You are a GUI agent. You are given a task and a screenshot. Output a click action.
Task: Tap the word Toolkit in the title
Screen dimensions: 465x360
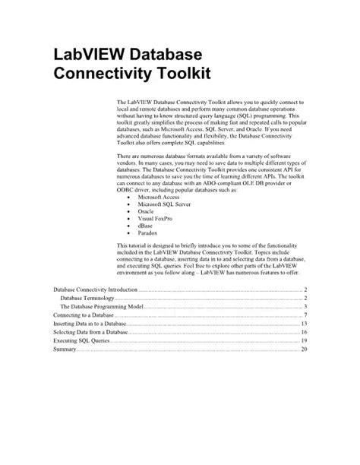178,74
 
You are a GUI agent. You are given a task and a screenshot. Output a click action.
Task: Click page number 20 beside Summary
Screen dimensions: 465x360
303,349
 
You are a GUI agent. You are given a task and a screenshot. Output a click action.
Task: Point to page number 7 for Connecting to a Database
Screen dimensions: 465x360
305,315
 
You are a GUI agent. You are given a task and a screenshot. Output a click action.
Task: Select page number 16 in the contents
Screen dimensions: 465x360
303,332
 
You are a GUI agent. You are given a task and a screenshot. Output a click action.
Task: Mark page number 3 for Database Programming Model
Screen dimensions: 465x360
305,306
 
